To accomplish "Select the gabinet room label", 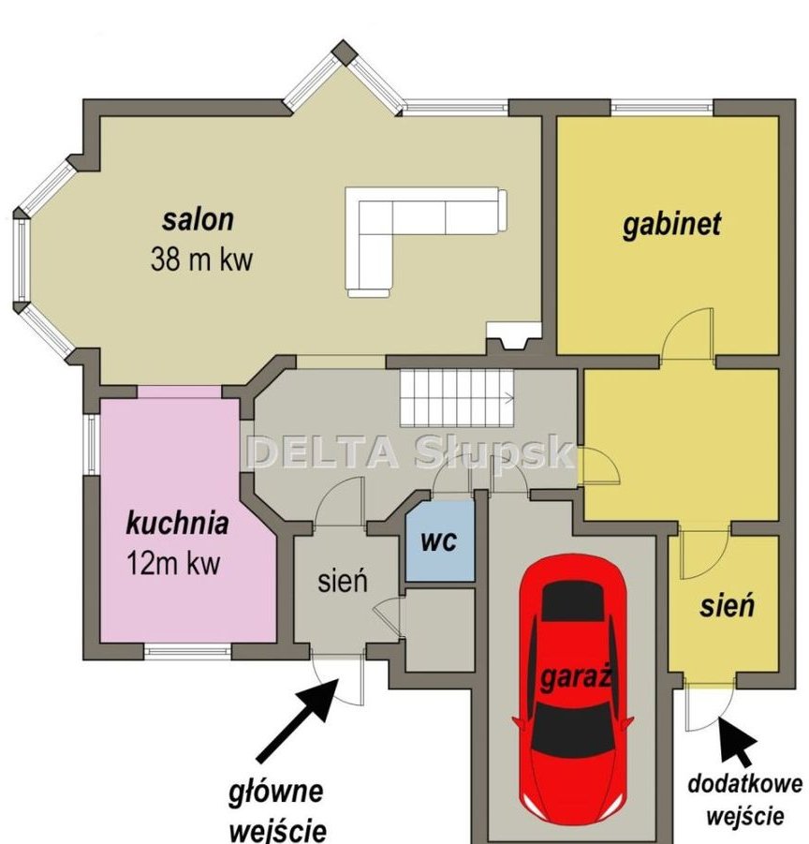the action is tap(672, 224).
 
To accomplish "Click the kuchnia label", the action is tap(177, 523).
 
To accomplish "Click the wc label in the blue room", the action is tap(439, 540).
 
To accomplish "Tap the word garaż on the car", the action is tap(576, 677).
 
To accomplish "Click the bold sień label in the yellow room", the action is tap(727, 605).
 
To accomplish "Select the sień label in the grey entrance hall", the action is tap(343, 582).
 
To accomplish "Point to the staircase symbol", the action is tap(457, 397).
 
